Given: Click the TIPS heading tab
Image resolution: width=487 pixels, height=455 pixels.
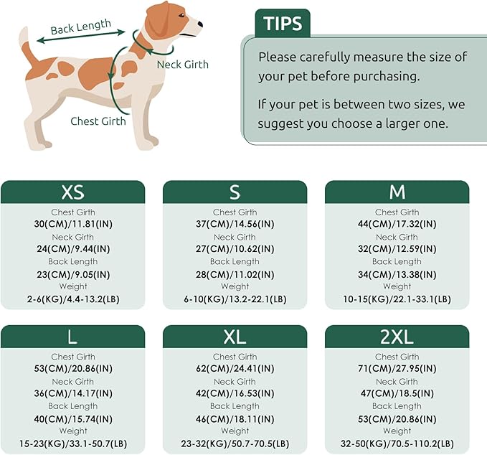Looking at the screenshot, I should coord(283,23).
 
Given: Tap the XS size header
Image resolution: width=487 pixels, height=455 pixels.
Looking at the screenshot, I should coord(72,192).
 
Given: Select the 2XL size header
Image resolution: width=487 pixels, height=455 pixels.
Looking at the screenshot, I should coord(397,337).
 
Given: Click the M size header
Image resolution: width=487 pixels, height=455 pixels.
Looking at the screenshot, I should coord(397,192).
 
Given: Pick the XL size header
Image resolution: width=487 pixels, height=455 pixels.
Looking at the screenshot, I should coord(235,337).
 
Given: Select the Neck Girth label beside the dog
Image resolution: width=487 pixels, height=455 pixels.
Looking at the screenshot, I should coord(183,65).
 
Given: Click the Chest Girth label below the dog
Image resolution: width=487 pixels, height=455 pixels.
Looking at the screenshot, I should coord(98,121).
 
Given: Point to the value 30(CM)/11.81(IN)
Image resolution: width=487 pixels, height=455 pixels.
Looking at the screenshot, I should coord(72,224).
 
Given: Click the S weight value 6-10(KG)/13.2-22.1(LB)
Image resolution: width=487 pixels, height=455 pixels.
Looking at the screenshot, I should coord(235,299).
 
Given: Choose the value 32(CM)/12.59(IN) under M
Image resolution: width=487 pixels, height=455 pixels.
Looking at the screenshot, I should coord(397,249).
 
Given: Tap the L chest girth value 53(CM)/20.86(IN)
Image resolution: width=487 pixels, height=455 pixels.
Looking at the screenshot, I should coord(72,369).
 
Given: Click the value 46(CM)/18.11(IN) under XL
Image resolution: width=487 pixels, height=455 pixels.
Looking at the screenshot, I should coord(235,418).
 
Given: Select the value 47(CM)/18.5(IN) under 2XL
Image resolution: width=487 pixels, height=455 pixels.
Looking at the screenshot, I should coord(397,394).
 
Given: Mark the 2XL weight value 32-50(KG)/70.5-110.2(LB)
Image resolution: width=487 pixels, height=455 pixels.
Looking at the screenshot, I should coord(397,444).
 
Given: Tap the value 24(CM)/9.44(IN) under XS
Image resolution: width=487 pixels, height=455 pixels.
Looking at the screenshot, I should coord(72,249).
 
